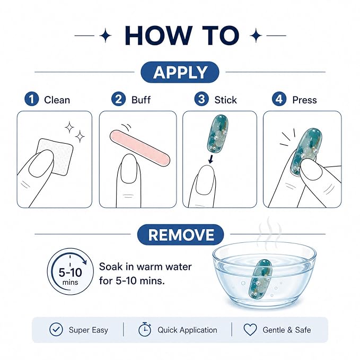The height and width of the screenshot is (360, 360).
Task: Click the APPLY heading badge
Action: coord(180,72)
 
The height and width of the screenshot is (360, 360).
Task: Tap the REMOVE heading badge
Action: coord(180,235)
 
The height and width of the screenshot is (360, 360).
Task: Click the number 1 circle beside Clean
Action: coord(31,99)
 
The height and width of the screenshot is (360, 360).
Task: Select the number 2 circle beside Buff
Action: coord(118,99)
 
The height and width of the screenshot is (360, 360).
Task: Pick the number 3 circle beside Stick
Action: coord(201,99)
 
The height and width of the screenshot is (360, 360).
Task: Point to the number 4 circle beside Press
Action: coord(279,99)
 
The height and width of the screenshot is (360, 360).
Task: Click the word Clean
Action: coord(57,100)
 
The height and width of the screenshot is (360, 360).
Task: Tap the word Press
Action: coord(304,100)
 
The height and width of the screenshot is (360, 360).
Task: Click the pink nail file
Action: coord(140,147)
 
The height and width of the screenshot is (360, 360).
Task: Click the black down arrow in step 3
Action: coord(210,159)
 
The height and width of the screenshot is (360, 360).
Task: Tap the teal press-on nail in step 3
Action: coord(217,134)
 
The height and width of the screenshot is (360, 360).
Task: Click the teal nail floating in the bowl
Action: coord(260,279)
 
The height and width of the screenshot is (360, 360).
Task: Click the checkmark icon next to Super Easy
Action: coord(56,329)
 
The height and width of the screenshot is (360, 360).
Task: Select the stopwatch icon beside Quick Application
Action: coord(145,329)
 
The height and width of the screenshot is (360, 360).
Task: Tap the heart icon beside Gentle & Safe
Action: coord(250,330)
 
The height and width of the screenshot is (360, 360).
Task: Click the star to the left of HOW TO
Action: coord(106,36)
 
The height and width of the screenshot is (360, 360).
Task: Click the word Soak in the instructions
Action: coord(108,267)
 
